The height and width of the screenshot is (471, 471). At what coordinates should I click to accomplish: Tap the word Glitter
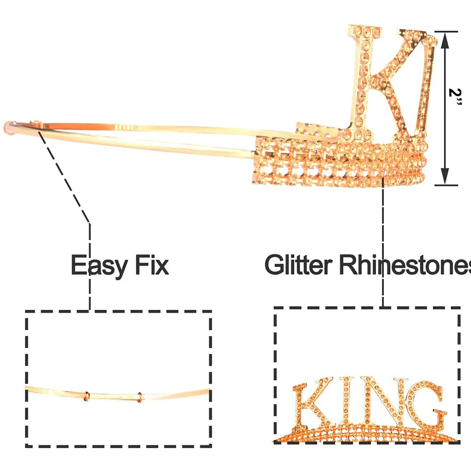[x=299, y=265]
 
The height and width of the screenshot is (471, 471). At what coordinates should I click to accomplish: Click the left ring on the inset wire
[x=85, y=395]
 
